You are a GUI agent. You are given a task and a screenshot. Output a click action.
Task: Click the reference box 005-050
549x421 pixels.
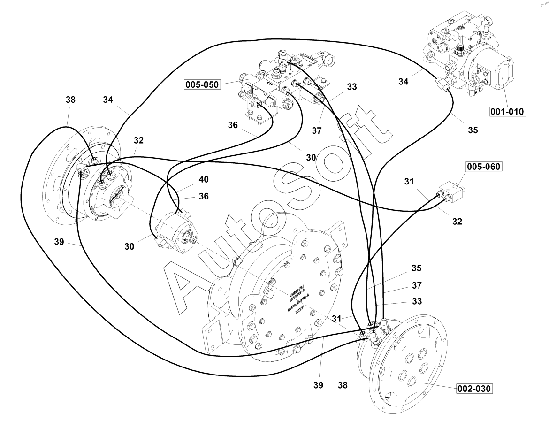pos(202,85)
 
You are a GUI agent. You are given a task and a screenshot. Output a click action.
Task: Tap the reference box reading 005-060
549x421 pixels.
pos(483,166)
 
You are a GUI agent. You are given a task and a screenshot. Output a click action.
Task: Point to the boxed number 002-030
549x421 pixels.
pos(475,389)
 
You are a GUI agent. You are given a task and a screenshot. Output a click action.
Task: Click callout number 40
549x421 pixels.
pos(204,179)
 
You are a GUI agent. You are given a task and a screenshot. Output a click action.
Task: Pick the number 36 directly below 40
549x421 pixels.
pos(204,197)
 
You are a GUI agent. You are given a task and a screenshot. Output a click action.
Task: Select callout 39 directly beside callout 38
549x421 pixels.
pos(319,385)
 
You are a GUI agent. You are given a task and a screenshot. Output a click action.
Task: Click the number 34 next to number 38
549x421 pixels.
pos(108,100)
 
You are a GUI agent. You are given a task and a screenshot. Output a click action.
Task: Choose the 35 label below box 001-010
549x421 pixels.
pos(473,130)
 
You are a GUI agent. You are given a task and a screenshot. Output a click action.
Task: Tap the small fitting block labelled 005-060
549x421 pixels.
pos(450,192)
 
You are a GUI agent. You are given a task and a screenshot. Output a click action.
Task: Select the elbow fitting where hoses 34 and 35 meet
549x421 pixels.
pos(443,84)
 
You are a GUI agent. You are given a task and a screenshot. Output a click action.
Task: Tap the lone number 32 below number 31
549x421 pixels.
pos(457,222)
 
